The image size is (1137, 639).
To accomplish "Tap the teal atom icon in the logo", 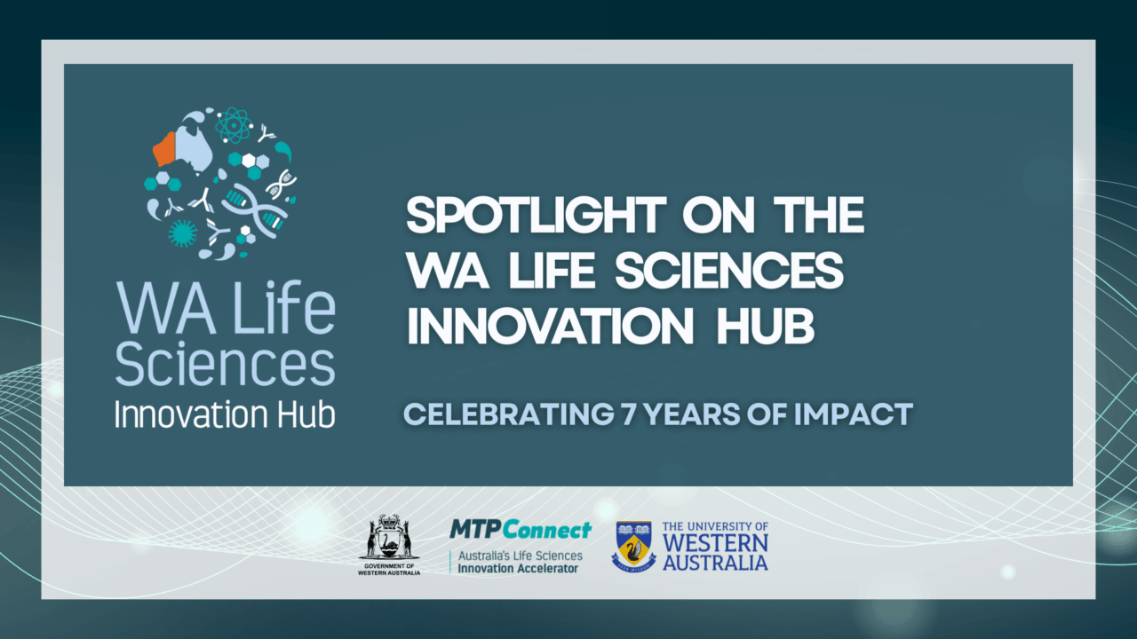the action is pos(233,125).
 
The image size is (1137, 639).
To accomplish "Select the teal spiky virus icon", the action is pos(182,233).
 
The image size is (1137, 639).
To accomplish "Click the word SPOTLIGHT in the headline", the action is pos(536,215).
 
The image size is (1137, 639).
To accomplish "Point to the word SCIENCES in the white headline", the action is pos(729,271).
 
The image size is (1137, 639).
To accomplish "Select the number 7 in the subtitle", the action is pos(629,414).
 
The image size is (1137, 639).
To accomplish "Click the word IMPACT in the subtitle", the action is pos(854,414).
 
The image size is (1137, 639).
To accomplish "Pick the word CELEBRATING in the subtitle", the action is pos(509,414).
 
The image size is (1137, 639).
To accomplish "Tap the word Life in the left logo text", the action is pos(283,307).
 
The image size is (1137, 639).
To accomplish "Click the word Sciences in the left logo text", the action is pos(226,364).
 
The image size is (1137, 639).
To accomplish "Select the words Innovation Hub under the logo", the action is pos(225,414).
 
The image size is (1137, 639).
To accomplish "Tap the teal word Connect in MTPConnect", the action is pos(548,530).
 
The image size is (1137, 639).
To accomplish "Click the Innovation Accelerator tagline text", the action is pos(518,569).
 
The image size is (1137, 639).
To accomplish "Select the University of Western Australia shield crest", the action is pos(633,546).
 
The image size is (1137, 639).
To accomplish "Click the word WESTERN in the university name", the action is pos(715,543).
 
